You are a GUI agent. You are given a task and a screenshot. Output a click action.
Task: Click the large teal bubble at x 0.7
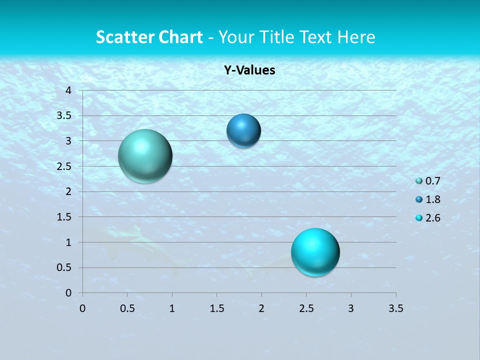[145, 156]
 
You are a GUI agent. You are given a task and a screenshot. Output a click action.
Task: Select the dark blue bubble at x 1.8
[243, 131]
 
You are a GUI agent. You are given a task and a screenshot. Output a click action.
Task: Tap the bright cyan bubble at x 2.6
[315, 252]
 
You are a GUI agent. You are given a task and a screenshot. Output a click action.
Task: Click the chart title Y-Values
[249, 70]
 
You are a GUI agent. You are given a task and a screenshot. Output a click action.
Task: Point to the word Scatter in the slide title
[123, 36]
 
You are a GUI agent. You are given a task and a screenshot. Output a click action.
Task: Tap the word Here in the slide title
[356, 36]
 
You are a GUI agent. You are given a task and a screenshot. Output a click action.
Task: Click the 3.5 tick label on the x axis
[395, 308]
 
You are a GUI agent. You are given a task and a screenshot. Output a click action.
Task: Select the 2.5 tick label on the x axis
[306, 308]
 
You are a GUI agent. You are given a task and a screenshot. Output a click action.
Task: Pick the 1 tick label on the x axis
[172, 308]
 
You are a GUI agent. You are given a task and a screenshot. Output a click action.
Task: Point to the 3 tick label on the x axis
[351, 308]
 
